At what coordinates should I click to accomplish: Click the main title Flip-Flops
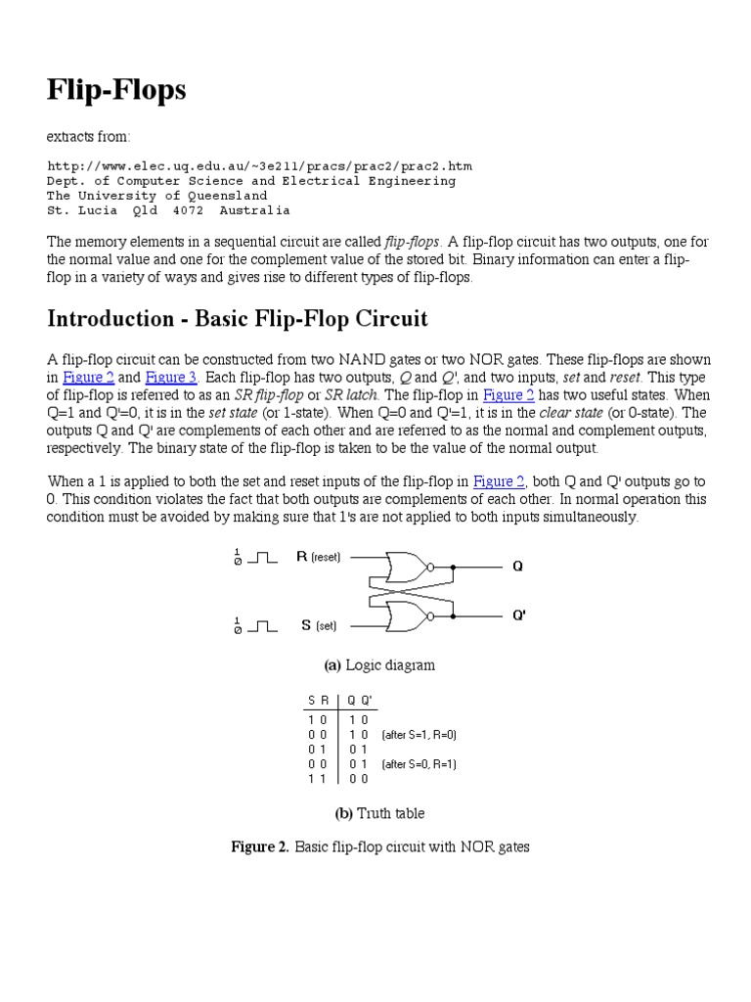pos(116,90)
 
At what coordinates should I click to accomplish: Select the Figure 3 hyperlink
pos(172,378)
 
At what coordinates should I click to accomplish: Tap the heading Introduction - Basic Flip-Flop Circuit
pos(238,319)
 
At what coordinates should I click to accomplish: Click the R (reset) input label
pos(318,557)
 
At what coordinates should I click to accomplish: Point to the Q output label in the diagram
pos(518,566)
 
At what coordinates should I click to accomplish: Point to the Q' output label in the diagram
pos(520,615)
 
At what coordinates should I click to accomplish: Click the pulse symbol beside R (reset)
pos(262,558)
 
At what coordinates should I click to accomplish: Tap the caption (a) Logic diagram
pos(379,665)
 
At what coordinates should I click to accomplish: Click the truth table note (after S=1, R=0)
pos(420,734)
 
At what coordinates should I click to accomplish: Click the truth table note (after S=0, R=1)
pos(420,764)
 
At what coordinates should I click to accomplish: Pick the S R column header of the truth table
pos(318,701)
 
